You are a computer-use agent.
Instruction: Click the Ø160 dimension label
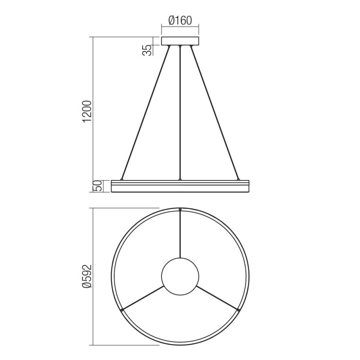[180, 20]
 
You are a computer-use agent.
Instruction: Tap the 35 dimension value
[148, 50]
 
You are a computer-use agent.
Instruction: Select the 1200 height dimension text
[88, 112]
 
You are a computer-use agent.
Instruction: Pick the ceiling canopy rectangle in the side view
[180, 41]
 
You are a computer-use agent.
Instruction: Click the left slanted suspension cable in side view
[145, 112]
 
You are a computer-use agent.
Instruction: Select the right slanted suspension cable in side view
[215, 112]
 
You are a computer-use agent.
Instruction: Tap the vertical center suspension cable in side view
[180, 112]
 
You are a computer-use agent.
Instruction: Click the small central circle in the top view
[180, 276]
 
